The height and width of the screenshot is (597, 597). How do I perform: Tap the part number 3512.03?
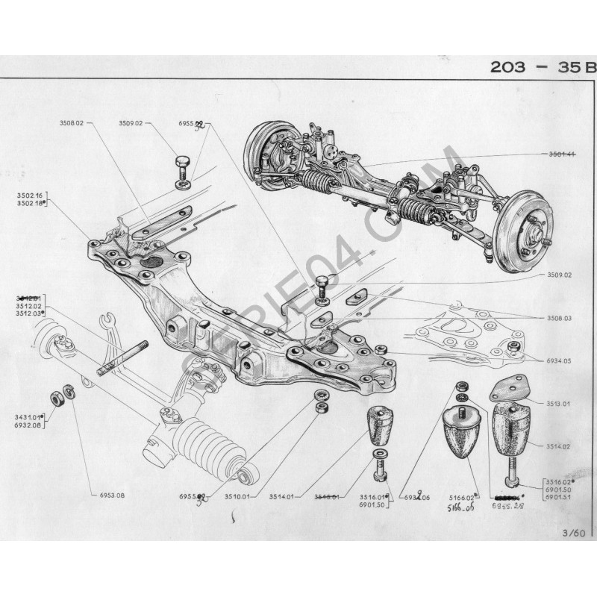pos(28,313)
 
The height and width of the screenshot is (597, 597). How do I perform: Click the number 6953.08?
pos(111,496)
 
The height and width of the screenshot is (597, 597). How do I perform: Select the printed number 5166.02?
pos(462,496)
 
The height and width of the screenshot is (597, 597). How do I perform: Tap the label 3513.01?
pos(557,404)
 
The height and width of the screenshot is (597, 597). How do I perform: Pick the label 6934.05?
pos(557,360)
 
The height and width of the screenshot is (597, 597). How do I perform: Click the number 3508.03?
pos(557,318)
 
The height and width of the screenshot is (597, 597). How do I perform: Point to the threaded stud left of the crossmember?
pos(122,358)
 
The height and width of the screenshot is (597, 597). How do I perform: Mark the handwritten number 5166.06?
pos(463,506)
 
